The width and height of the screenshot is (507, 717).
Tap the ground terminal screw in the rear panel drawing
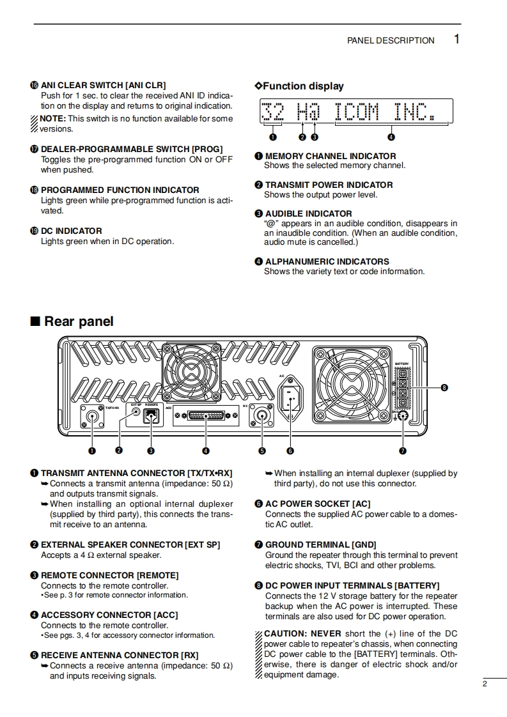click(x=403, y=419)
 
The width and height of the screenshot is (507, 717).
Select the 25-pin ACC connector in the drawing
click(x=206, y=416)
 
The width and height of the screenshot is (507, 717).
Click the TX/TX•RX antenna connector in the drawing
click(x=92, y=418)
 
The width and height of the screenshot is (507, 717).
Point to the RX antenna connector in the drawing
click(x=261, y=416)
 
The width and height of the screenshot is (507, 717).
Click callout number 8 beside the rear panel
click(x=444, y=387)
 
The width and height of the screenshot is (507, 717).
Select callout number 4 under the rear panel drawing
click(x=206, y=451)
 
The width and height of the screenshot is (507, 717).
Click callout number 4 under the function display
click(x=391, y=136)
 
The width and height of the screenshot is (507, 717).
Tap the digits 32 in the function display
click(x=273, y=112)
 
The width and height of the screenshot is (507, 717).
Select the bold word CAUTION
click(x=285, y=634)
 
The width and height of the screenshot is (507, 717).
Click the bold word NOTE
click(x=51, y=118)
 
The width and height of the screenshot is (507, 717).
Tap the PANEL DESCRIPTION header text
click(x=391, y=40)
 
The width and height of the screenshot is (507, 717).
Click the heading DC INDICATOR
click(x=71, y=231)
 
